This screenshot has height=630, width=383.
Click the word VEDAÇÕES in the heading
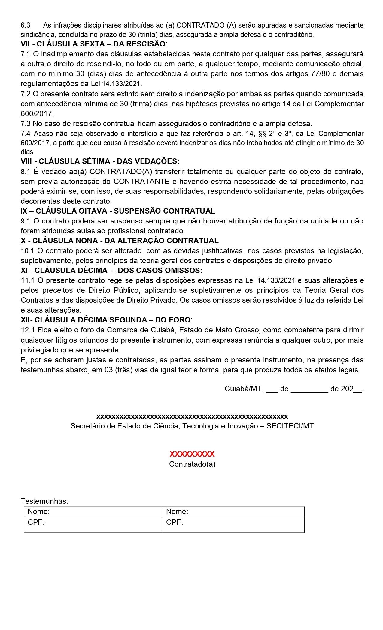158,161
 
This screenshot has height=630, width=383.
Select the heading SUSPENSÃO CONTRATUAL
164,211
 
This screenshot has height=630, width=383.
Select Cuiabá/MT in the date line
244,389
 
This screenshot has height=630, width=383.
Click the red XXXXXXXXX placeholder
192,454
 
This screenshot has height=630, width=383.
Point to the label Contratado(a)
192,464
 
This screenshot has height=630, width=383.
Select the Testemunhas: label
44,501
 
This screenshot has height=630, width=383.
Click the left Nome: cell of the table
93,512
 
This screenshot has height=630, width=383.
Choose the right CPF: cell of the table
233,525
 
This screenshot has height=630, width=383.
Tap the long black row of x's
192,416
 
